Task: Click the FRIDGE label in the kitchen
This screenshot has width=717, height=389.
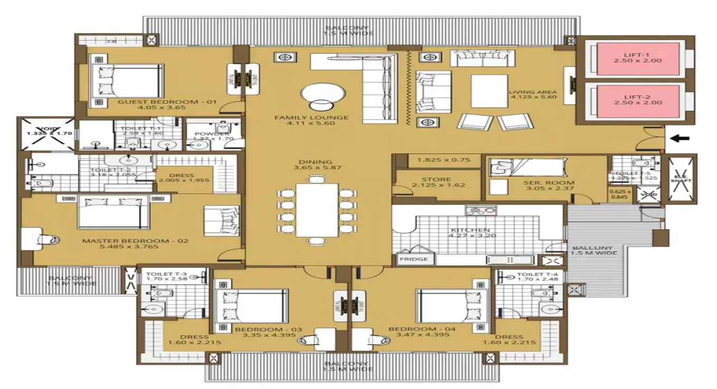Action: click(x=413, y=259)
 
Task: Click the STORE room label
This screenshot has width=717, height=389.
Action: click(x=436, y=180)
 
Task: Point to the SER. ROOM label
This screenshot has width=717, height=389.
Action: click(x=541, y=183)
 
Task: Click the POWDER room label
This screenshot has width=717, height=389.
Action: click(x=212, y=134)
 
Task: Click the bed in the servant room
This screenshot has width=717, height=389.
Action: click(x=528, y=168)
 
